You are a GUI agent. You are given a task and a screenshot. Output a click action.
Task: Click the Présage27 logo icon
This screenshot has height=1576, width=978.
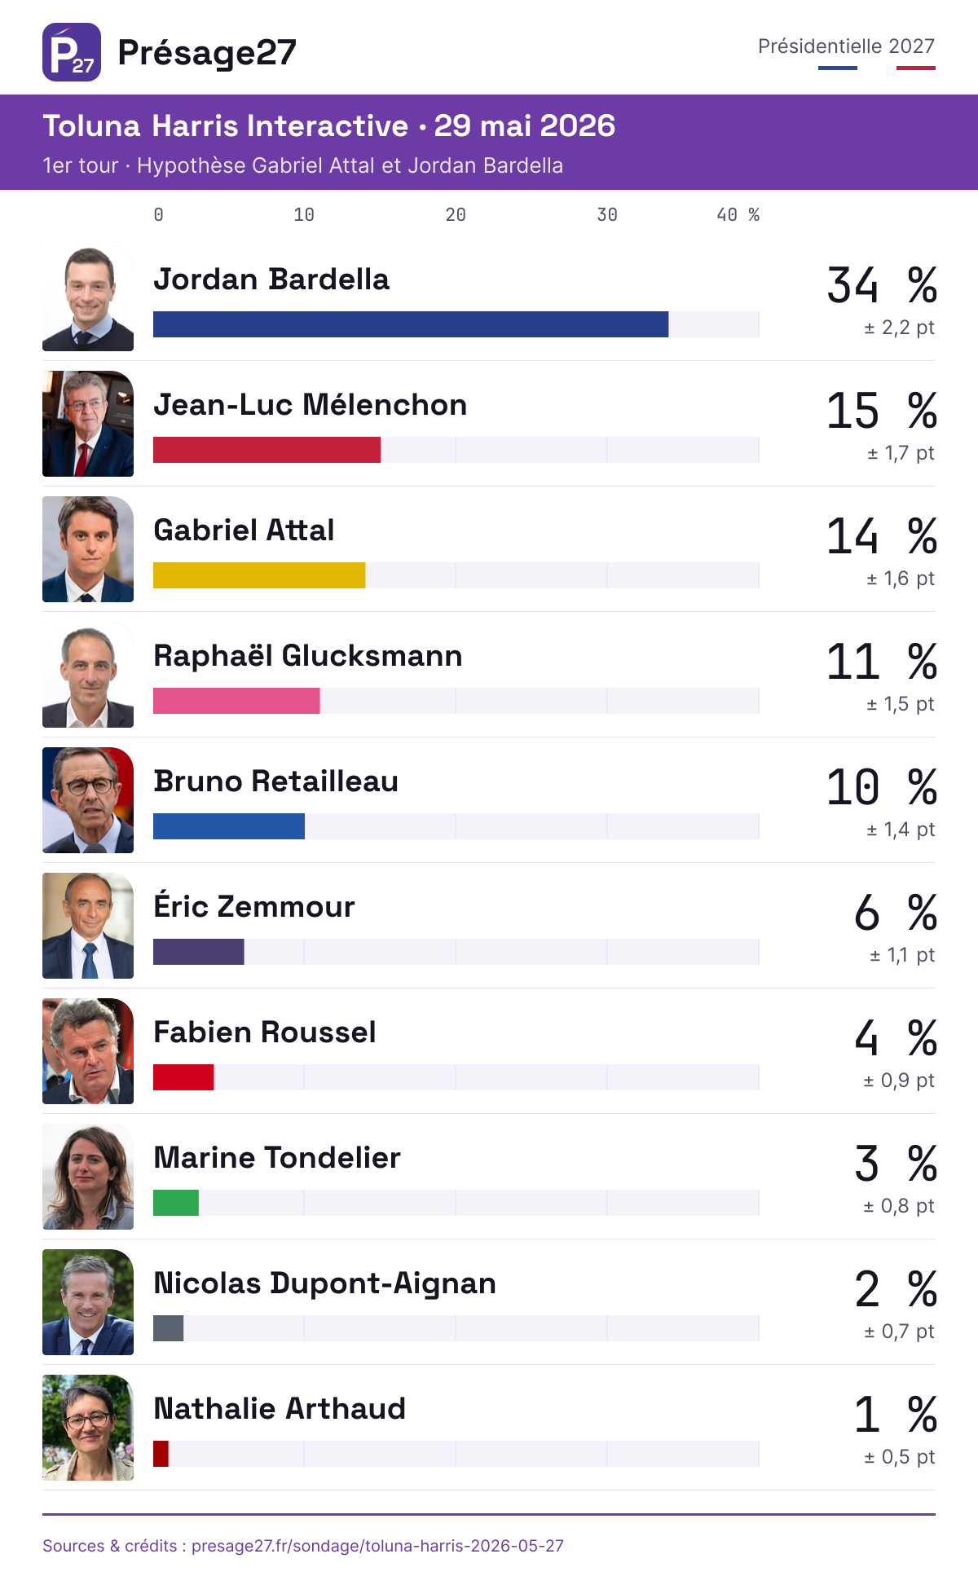(x=72, y=52)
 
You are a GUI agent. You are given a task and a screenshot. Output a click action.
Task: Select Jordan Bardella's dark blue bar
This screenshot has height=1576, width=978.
(x=411, y=324)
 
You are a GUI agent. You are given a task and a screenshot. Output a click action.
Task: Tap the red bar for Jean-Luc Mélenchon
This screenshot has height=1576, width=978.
(x=267, y=450)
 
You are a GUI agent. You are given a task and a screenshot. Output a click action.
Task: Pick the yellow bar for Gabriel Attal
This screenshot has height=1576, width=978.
(x=259, y=575)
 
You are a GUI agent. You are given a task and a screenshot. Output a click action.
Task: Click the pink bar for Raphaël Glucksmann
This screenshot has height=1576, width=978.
(x=236, y=701)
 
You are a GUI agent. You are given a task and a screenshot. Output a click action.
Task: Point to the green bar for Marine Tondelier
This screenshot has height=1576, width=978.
(x=176, y=1203)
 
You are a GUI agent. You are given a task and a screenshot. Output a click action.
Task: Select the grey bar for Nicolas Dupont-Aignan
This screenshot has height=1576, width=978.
(x=169, y=1328)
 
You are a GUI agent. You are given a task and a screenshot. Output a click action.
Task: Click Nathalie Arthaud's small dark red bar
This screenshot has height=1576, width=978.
(x=161, y=1454)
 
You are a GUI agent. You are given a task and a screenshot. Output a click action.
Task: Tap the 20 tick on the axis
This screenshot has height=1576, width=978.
(x=456, y=215)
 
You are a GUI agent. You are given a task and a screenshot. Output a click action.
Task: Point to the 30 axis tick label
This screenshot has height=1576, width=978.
(x=607, y=215)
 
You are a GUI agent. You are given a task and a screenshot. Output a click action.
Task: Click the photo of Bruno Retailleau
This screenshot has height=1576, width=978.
(x=88, y=800)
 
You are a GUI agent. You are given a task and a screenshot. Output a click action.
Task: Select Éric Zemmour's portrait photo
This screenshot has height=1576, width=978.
(x=88, y=926)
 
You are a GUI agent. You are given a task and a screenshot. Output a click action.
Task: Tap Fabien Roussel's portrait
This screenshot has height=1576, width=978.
(x=88, y=1051)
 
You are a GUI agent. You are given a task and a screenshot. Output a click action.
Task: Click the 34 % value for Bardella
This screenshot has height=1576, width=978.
(x=882, y=285)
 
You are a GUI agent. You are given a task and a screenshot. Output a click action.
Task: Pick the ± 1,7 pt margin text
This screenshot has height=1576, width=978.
(x=901, y=453)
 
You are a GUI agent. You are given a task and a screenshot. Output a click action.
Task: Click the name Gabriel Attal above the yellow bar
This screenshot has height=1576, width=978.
(x=244, y=530)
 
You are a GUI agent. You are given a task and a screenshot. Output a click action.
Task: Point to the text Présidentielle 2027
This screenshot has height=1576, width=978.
(x=846, y=46)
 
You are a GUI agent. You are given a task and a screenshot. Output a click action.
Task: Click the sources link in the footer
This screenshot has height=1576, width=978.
(x=303, y=1546)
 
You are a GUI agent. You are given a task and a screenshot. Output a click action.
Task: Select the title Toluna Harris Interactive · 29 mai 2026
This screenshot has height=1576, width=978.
(x=328, y=126)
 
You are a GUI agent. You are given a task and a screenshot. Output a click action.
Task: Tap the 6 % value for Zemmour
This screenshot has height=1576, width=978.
(x=896, y=913)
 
